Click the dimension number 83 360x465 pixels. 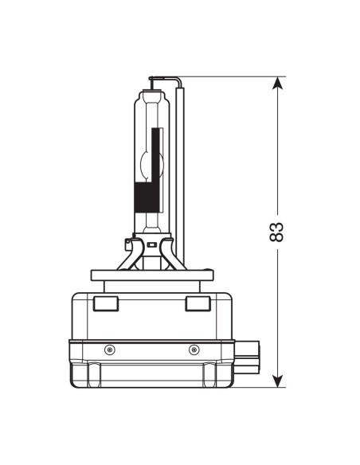[276, 231]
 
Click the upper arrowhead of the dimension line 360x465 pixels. [277, 83]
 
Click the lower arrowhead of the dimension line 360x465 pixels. [277, 381]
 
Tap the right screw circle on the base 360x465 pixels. [192, 350]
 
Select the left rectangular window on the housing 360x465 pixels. [105, 303]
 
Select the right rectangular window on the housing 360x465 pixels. [196, 303]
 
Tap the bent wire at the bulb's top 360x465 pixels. [163, 79]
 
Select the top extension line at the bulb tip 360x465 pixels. [231, 77]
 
